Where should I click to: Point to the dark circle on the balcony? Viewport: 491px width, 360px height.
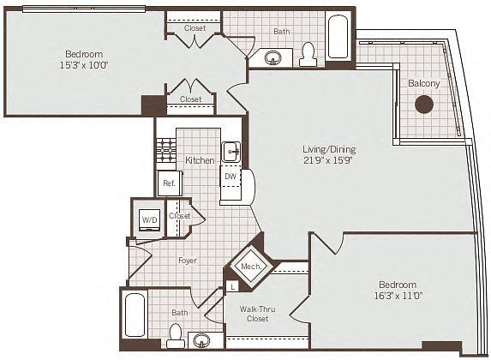point(423,105)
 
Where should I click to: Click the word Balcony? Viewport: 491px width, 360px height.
point(423,83)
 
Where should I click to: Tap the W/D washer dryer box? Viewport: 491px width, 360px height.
point(149,219)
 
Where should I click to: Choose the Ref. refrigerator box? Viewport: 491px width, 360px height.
point(166,183)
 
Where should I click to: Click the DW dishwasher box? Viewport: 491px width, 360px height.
point(230,177)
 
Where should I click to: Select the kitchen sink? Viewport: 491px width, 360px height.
point(231,153)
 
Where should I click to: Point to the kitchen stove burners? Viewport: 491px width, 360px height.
point(165,153)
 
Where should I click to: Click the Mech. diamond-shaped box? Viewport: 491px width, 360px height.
point(250,267)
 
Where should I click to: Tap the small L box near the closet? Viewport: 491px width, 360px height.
point(232,288)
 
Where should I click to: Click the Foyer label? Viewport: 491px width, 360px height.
point(187,261)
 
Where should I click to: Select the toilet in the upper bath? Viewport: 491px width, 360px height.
point(308,55)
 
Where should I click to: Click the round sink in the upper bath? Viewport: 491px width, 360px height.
point(274,58)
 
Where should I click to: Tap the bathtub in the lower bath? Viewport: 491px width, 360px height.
point(135,315)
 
